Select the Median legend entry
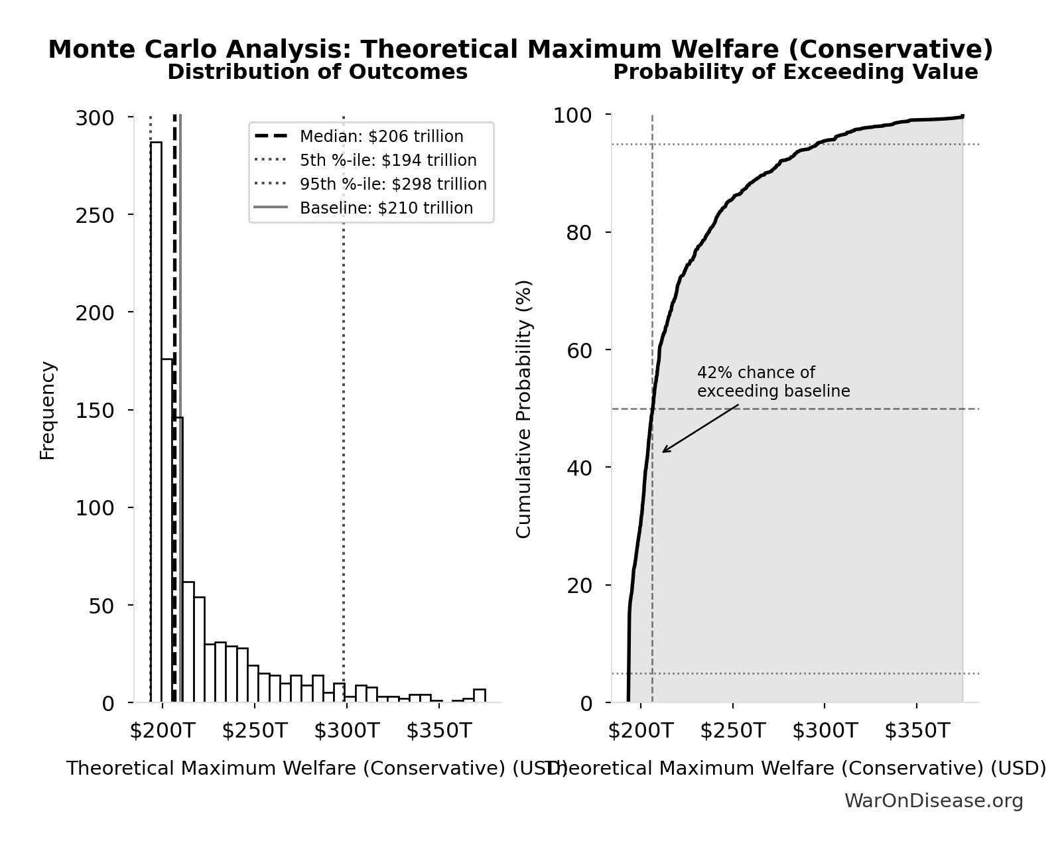[x=381, y=137]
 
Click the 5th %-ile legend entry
[x=387, y=161]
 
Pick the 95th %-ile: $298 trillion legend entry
[x=393, y=184]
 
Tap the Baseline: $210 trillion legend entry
[x=386, y=208]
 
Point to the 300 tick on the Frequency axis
[x=95, y=119]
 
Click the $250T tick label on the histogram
[x=254, y=731]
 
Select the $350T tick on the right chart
[x=917, y=731]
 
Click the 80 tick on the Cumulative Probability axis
[x=580, y=233]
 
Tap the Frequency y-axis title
[x=48, y=410]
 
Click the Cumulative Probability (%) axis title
[x=524, y=409]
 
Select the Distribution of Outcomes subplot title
[x=317, y=72]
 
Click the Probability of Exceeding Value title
[x=795, y=72]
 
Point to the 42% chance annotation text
[x=773, y=382]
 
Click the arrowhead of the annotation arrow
[x=664, y=452]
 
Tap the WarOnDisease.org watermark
[x=933, y=801]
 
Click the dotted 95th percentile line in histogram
[x=344, y=398]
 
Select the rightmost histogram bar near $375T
[x=479, y=696]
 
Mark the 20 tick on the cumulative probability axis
[x=580, y=586]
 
